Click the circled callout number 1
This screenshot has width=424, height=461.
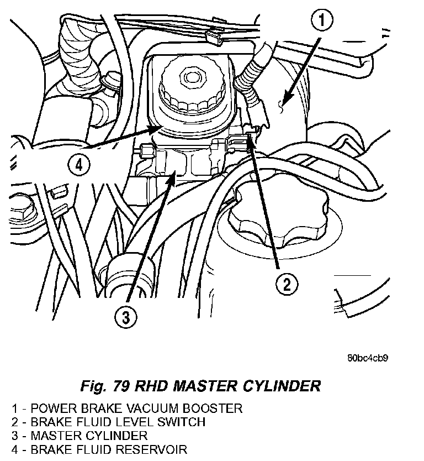322,20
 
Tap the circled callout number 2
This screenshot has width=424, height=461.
287,284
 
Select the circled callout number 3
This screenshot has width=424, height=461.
126,317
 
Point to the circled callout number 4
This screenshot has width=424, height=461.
79,165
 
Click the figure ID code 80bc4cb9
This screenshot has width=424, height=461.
368,358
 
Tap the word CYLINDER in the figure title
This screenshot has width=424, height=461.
282,386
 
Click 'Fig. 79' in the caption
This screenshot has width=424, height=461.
105,386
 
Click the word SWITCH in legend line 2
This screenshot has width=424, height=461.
181,422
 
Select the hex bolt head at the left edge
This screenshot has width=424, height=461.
22,212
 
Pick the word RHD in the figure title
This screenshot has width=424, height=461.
151,386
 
